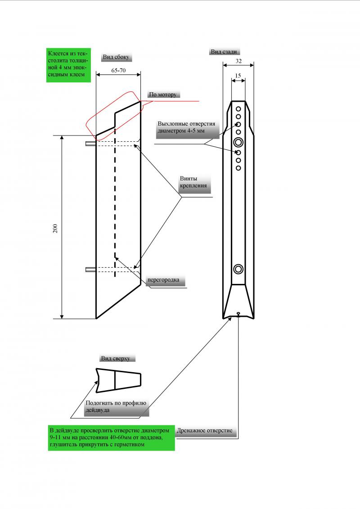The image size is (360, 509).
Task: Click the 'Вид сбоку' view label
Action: click(x=116, y=57)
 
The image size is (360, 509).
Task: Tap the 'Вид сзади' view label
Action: click(x=224, y=52)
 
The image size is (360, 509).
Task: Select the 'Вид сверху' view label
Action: click(x=115, y=358)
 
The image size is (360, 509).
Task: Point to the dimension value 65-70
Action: click(x=118, y=71)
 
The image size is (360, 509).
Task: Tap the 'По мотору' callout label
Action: click(x=163, y=95)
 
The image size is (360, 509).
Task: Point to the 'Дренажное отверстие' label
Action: click(x=205, y=431)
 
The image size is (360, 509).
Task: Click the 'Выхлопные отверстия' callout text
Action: click(x=186, y=128)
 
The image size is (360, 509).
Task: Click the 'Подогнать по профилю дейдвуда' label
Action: click(x=116, y=406)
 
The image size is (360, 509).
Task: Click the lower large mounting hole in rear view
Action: click(x=238, y=269)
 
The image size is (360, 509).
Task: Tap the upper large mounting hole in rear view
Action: click(x=238, y=143)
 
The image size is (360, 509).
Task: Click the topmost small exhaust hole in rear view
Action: click(x=238, y=109)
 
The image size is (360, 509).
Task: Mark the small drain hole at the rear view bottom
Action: click(x=238, y=314)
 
